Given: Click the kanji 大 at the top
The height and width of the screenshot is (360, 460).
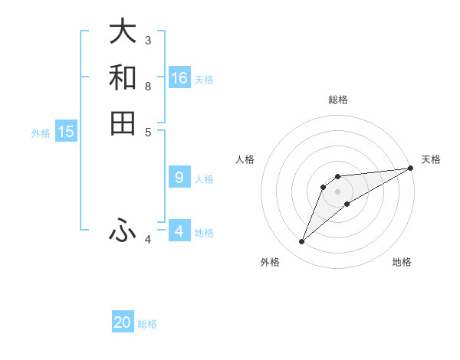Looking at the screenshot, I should point(123,31).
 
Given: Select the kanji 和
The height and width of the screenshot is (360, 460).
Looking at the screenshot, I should point(123,77).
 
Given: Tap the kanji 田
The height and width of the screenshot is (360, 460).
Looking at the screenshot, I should point(123,123).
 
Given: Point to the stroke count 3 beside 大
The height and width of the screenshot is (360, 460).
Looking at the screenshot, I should point(148,40).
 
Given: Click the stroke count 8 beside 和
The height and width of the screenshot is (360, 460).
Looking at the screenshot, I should point(148,86).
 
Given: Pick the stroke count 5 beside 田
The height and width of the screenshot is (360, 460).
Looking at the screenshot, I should point(148,132).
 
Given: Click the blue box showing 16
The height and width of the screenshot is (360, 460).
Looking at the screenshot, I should point(179,78).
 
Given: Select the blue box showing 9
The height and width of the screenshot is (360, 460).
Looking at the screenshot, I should point(179,178).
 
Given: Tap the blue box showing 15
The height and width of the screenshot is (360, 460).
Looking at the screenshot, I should point(66,132).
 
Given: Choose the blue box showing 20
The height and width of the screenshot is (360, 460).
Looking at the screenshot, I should point(123,323).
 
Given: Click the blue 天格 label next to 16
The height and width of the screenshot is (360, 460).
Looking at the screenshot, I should point(204,80).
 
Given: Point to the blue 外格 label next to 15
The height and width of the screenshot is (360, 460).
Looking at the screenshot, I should point(41,133).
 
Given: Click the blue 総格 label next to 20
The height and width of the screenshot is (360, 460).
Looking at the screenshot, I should point(147,325).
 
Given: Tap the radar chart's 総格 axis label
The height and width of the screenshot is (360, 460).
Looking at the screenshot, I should point(337,100).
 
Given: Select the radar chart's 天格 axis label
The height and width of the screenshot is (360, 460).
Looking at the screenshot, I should point(431,159).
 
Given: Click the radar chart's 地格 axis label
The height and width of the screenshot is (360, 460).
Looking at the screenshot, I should point(402,263).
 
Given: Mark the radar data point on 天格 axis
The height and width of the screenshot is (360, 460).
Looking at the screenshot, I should point(410,168).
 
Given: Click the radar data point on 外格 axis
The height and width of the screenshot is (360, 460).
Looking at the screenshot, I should point(302,242).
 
